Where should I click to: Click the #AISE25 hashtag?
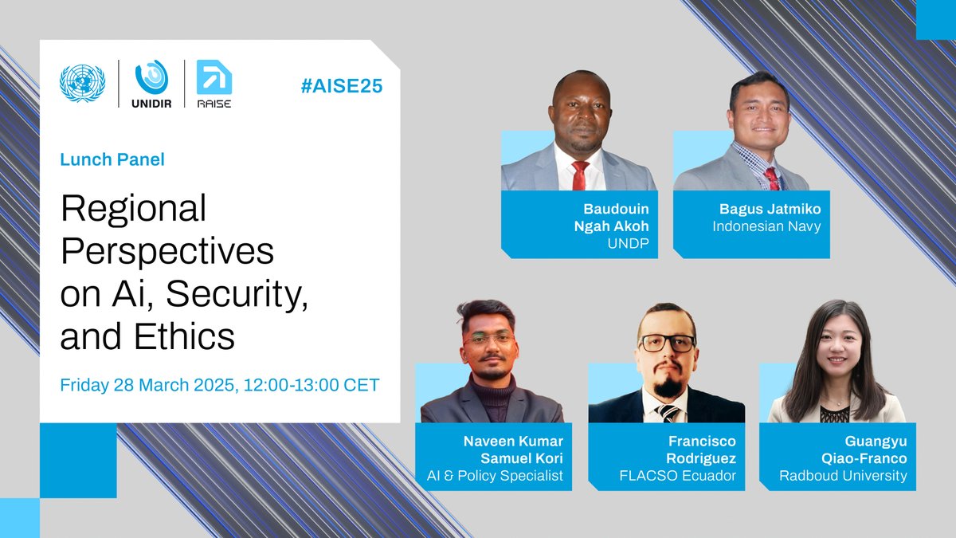pyautogui.click(x=342, y=86)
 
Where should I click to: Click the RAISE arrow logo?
pyautogui.click(x=213, y=77)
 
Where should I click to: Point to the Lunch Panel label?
pyautogui.click(x=112, y=159)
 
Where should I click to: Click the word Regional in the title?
pyautogui.click(x=133, y=210)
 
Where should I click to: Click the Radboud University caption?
pyautogui.click(x=843, y=476)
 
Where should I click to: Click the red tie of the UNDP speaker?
pyautogui.click(x=580, y=175)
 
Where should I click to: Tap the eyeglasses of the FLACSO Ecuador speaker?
pyautogui.click(x=668, y=344)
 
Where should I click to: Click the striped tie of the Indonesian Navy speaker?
pyautogui.click(x=771, y=177)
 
